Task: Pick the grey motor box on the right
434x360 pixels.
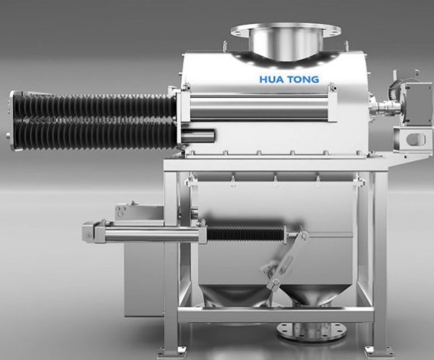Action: click(417, 103)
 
